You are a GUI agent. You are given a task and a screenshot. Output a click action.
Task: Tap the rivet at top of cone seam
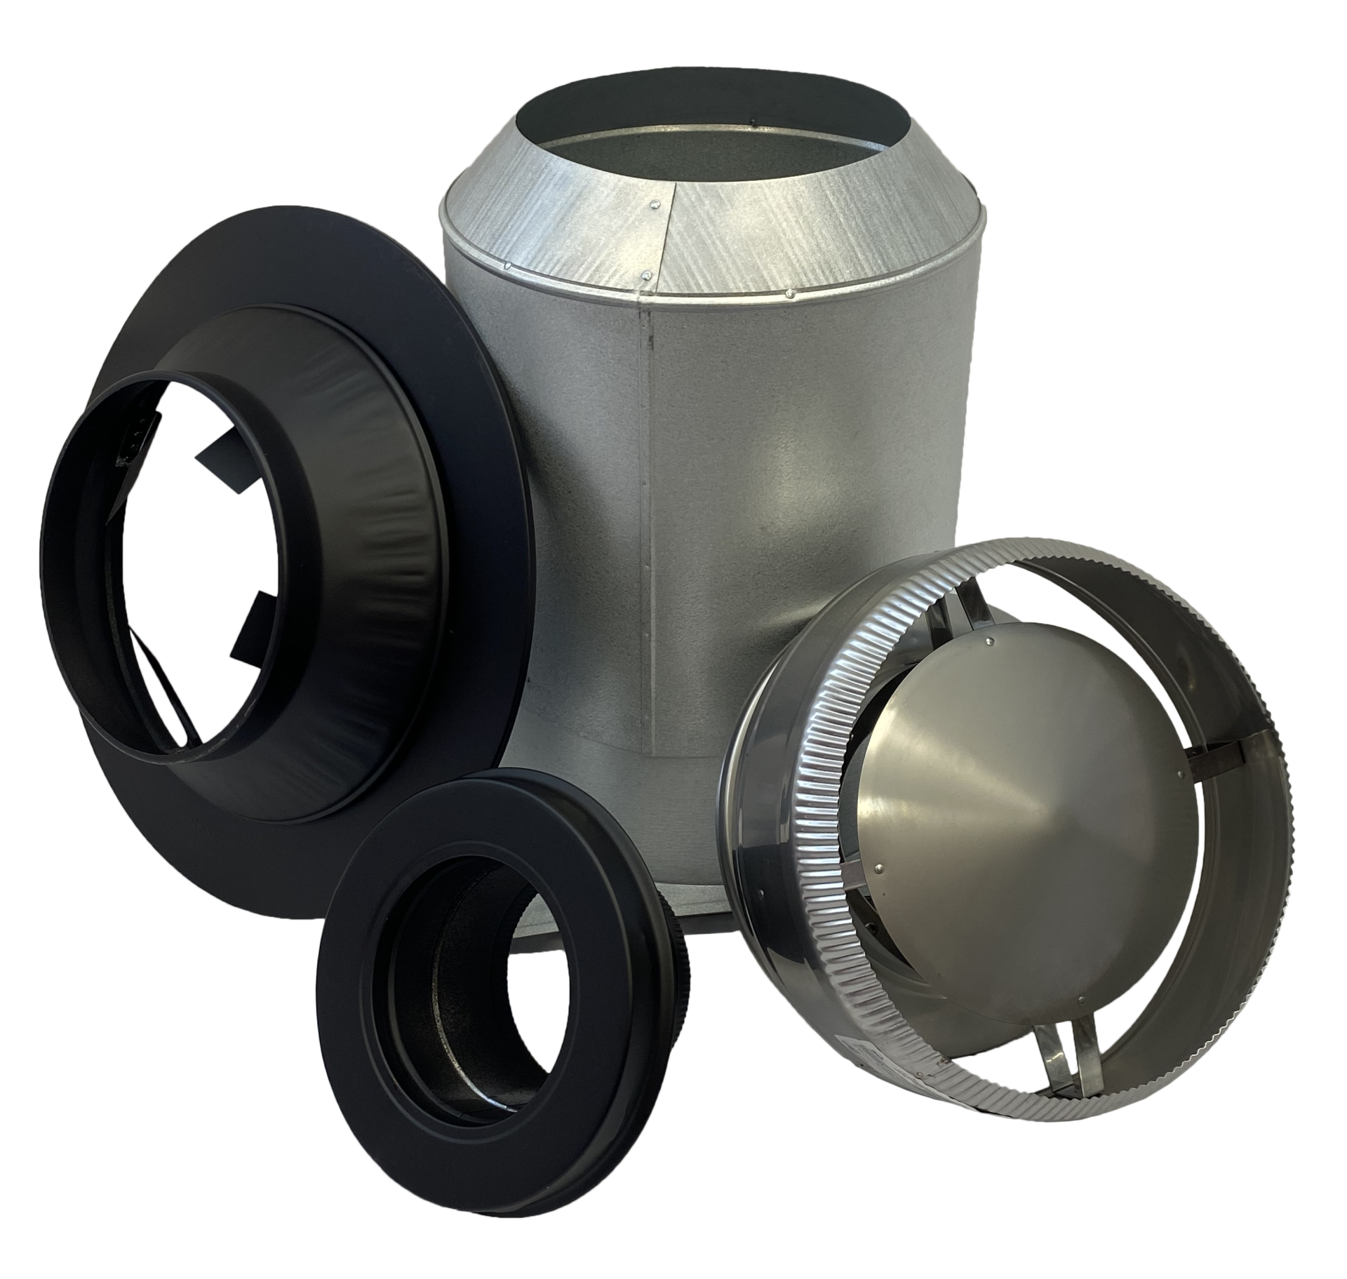tap(654, 205)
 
